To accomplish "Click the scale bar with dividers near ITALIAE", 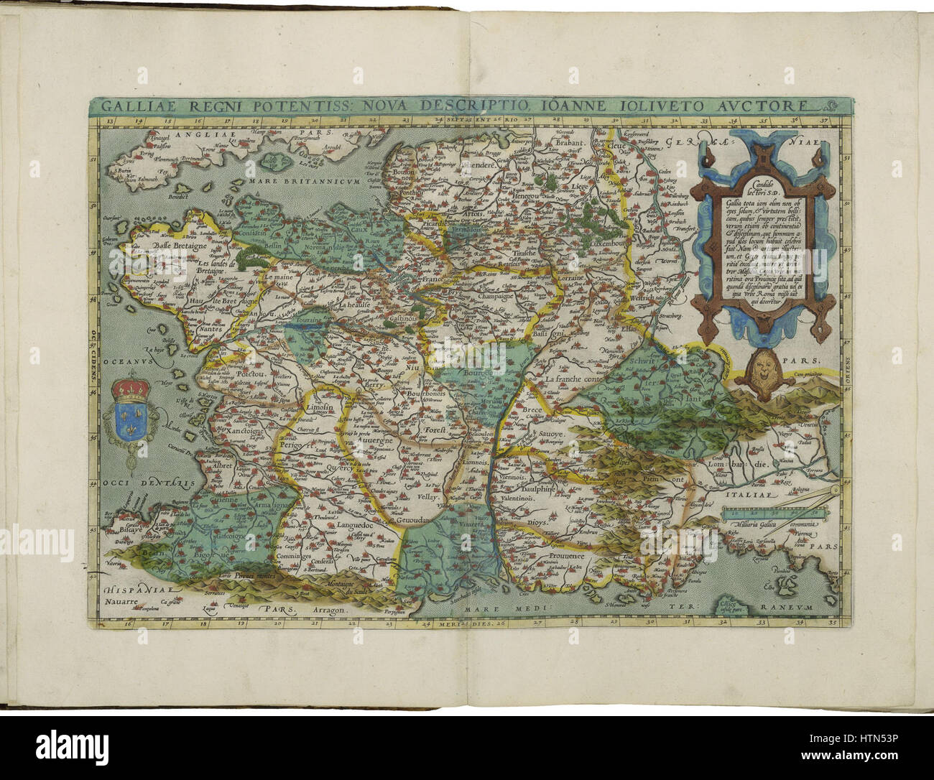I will coord(772,512).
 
